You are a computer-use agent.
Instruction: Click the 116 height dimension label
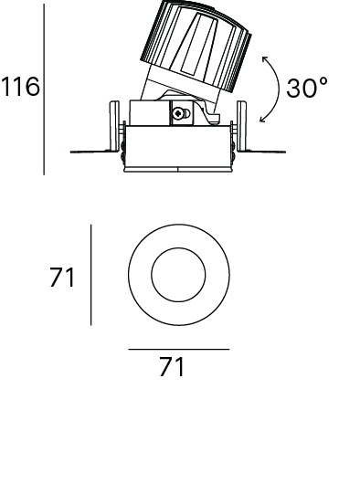point(21,87)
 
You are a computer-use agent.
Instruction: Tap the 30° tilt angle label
point(307,88)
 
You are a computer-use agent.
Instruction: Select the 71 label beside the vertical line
point(62,278)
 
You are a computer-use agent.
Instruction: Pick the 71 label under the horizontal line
point(172,366)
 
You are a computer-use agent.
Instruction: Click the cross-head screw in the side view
point(179,113)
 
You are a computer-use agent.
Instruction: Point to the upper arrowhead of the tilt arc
point(264,58)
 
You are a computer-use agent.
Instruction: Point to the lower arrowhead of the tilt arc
point(262,119)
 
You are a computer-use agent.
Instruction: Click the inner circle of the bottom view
point(178,247)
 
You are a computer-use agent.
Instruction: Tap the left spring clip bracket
point(114,126)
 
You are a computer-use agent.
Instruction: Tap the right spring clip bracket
point(242,126)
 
